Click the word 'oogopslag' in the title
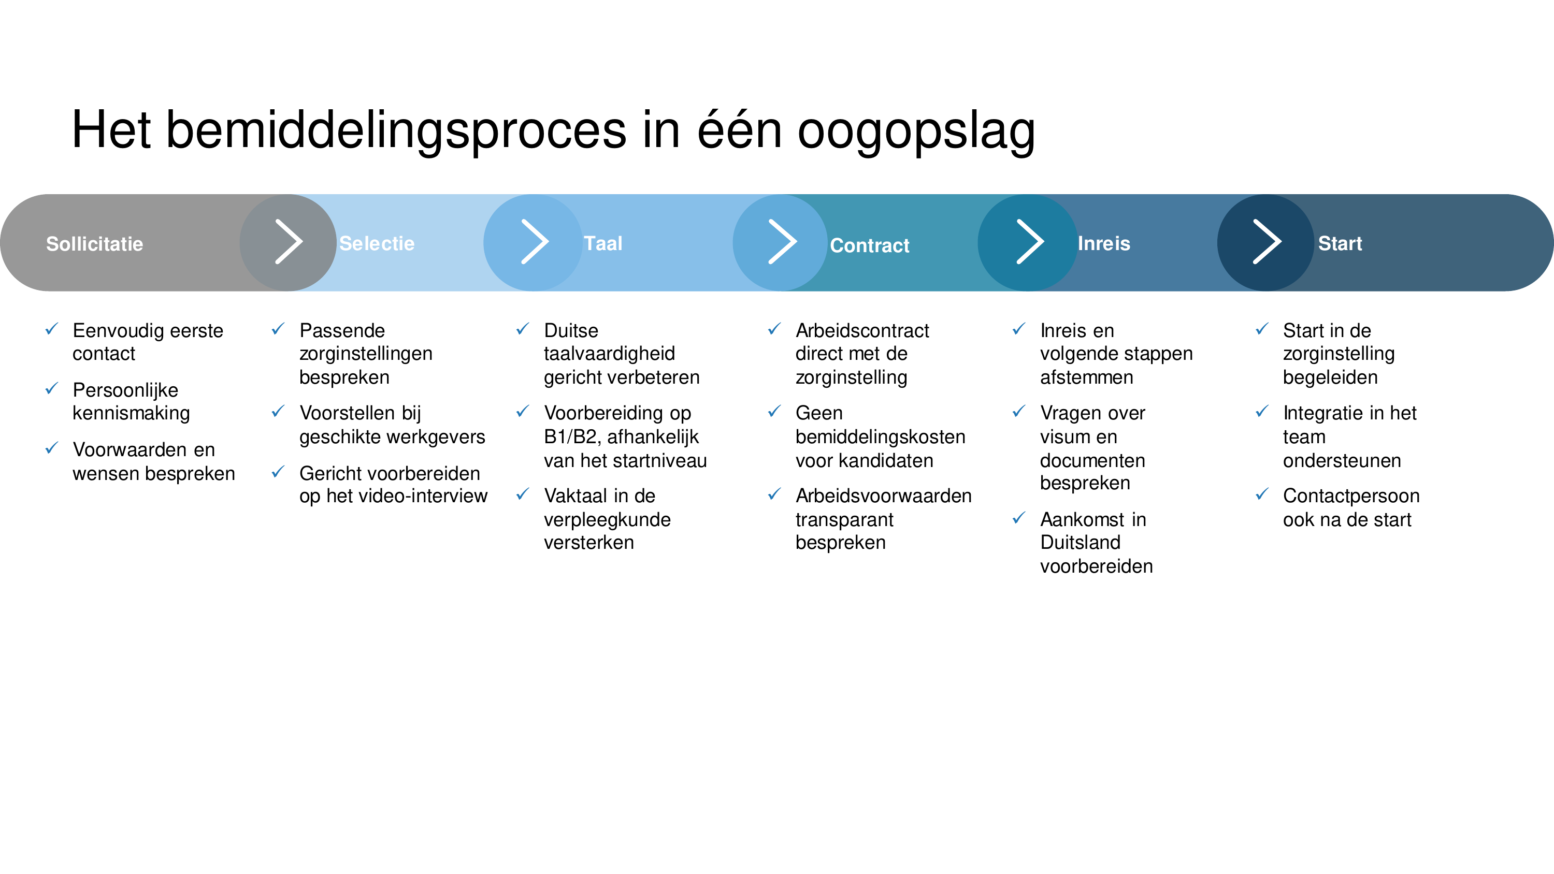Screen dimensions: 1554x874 [916, 131]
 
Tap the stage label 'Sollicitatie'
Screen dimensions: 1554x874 [95, 244]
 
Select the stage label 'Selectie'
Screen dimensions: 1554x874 [377, 243]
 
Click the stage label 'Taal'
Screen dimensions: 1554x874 [603, 243]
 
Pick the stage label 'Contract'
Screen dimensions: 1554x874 [869, 245]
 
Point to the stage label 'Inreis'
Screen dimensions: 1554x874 [1104, 243]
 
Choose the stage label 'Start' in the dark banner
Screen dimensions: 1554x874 [1340, 243]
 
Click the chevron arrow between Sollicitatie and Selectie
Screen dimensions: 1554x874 [289, 242]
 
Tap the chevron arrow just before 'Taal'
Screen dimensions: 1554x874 [535, 242]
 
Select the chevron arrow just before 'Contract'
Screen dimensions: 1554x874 [782, 242]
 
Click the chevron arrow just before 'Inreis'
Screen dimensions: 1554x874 [1030, 242]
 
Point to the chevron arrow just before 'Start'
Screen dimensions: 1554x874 [1267, 242]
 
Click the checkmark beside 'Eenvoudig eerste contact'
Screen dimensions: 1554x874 [52, 329]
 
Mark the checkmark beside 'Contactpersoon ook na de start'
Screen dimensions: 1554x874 [1262, 494]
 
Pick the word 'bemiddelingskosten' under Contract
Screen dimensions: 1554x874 [880, 436]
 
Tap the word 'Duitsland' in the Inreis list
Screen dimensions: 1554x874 [1081, 542]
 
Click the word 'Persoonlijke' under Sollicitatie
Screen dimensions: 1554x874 [125, 390]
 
